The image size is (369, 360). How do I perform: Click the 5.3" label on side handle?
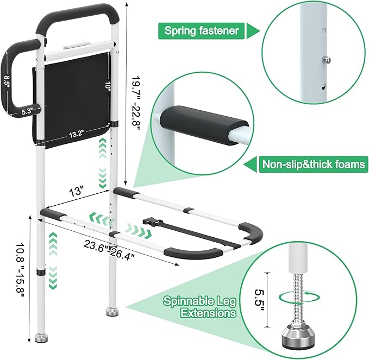click(27, 110)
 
